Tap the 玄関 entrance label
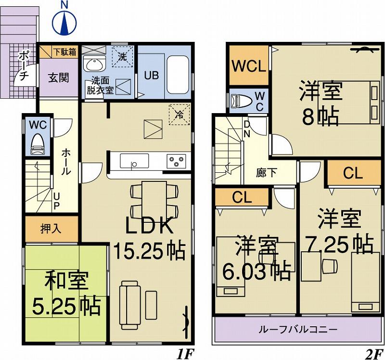[x=58, y=77]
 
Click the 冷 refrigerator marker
[x=179, y=115]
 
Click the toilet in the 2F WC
[x=240, y=101]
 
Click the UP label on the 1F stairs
[x=56, y=202]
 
